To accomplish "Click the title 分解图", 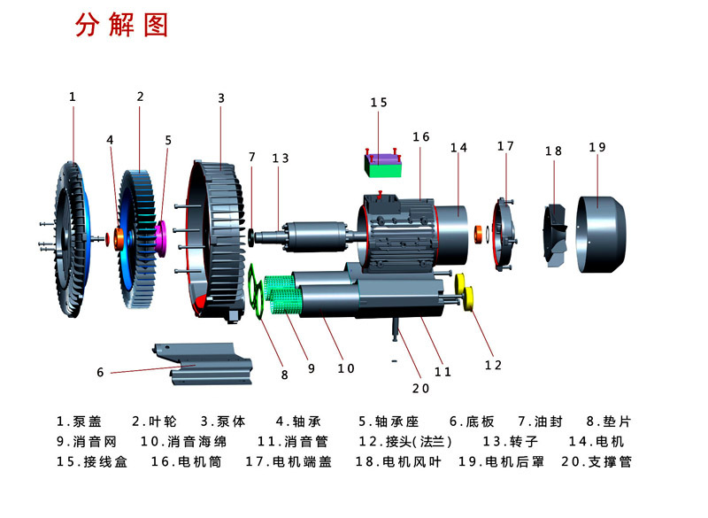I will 121,27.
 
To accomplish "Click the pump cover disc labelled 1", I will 65,232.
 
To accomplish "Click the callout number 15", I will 379,104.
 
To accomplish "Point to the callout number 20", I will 420,387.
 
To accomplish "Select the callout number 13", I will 281,158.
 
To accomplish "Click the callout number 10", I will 346,368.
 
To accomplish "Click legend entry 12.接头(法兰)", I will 405,441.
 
